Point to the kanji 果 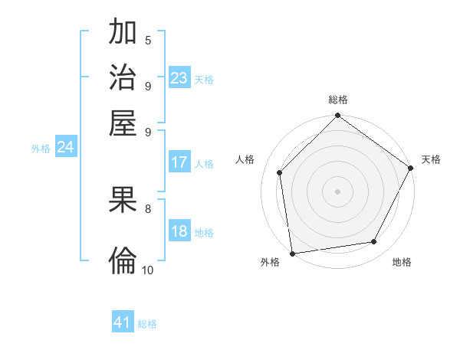123,201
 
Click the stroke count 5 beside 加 148,40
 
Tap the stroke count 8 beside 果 148,208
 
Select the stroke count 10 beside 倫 148,269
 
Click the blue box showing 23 179,78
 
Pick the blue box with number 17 179,162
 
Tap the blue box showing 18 179,232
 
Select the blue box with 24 65,148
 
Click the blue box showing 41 123,322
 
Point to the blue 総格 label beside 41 147,324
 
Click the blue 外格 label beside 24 41,149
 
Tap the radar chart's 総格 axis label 338,100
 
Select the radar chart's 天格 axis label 431,159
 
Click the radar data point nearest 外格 292,254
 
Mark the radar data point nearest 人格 280,173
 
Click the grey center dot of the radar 338,191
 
